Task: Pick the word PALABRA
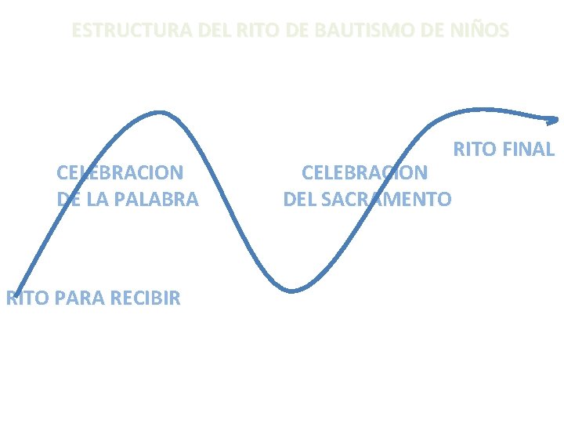click(159, 199)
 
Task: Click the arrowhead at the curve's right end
click(553, 120)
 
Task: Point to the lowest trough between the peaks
click(291, 291)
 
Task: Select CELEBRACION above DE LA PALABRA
click(120, 172)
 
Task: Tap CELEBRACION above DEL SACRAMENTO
click(365, 172)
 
